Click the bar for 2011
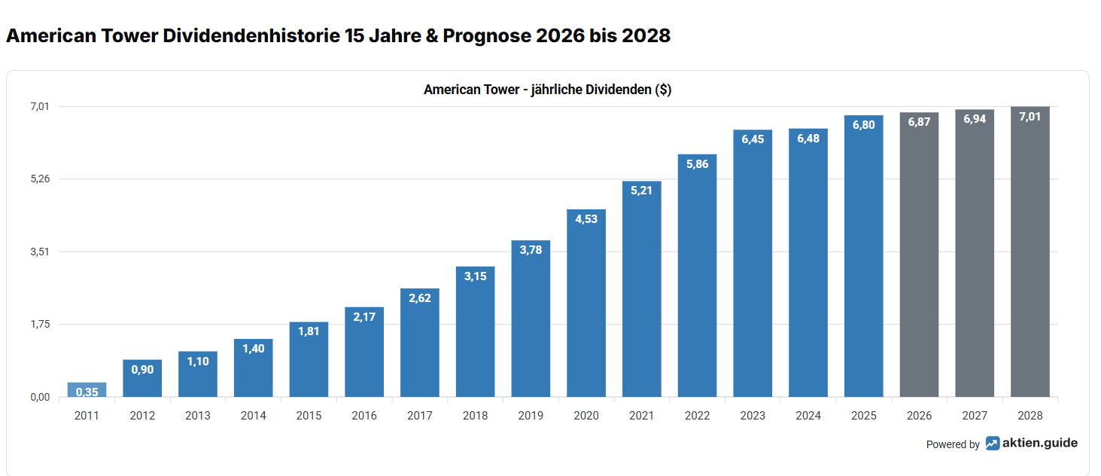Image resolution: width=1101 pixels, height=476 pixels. (87, 390)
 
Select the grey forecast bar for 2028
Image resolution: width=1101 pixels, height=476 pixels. (1030, 256)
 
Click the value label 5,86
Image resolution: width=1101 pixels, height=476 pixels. (697, 164)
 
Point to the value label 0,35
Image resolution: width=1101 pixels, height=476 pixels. (87, 392)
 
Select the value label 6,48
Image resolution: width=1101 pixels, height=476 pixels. (808, 139)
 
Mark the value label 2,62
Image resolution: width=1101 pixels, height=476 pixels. (420, 298)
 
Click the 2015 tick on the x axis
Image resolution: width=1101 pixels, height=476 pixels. (309, 416)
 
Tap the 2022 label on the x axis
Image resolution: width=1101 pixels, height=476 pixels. (697, 416)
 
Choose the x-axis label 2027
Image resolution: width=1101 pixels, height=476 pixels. (975, 416)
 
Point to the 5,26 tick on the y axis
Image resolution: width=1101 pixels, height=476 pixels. (40, 179)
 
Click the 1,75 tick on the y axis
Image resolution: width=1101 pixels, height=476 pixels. (40, 325)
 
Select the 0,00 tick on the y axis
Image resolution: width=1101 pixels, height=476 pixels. (40, 398)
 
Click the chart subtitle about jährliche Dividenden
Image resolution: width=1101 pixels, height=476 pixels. (547, 90)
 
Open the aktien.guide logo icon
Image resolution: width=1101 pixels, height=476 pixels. (993, 444)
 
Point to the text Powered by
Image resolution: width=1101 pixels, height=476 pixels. (953, 444)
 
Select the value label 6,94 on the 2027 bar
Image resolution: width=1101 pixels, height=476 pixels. (975, 119)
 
